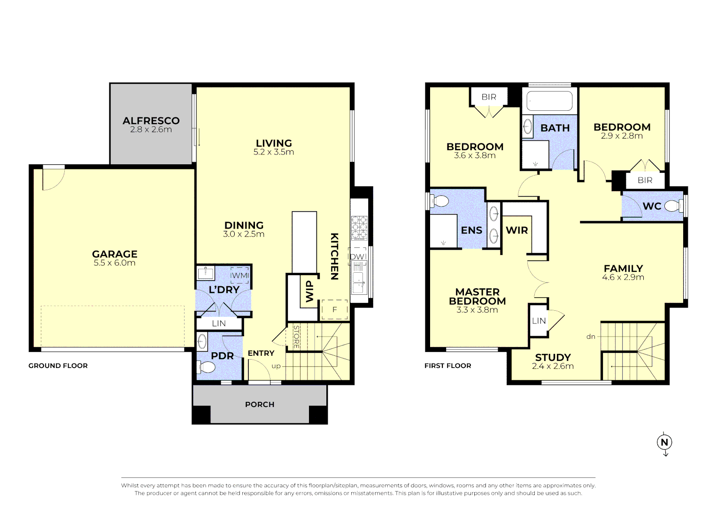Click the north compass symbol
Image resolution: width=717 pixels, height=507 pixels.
coord(664,442)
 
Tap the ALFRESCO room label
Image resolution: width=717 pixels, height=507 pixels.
coord(151,121)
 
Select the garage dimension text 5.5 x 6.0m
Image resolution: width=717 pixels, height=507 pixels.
coord(115,263)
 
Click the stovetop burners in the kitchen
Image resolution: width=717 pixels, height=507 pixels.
coord(359,227)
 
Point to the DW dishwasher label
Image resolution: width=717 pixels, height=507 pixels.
coord(357,256)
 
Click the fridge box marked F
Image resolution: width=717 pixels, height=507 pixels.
coord(334,310)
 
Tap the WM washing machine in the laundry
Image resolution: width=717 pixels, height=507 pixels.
coord(239,276)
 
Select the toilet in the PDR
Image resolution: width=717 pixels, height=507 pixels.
coord(207,366)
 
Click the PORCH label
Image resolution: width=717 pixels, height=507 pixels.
coord(260,404)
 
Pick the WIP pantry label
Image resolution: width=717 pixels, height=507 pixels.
coord(309,291)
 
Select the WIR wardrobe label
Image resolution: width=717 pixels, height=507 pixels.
coord(517,230)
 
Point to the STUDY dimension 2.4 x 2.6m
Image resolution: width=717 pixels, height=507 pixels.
coord(553,366)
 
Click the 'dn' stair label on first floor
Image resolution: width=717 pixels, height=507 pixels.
coord(591,337)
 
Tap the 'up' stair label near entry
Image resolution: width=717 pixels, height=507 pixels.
coord(276,366)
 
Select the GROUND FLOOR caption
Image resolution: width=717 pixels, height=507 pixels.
coord(58,366)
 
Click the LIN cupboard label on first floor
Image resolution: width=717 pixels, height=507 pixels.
coord(539,321)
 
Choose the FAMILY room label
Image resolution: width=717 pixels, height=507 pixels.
coord(623,269)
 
